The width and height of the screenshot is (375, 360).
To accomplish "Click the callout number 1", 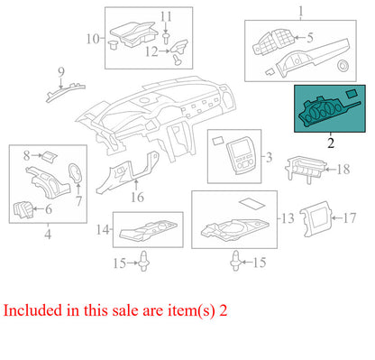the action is (x=301, y=12).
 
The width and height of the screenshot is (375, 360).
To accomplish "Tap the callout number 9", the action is (x=61, y=72).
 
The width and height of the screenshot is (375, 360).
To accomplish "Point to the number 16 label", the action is (x=137, y=198).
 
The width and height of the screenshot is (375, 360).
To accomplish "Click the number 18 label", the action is (x=343, y=170).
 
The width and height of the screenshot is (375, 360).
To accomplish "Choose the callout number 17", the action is (x=350, y=218).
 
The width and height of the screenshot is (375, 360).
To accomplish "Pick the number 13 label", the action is (x=288, y=218).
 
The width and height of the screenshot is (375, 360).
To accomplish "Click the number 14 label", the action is (x=103, y=230).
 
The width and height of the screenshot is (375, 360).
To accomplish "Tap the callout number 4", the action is (x=48, y=234).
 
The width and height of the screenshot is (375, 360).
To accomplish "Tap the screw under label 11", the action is (x=166, y=39).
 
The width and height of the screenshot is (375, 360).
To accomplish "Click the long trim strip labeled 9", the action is (x=65, y=92).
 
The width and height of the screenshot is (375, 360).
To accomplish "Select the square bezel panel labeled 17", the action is (x=316, y=219).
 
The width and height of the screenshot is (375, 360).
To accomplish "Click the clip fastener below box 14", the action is (x=144, y=262).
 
